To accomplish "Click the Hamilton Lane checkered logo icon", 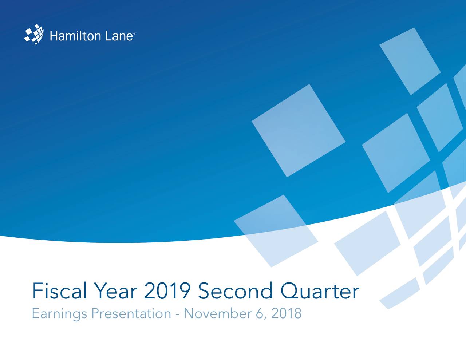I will click(x=34, y=34).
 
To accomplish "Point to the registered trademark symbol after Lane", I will click(x=135, y=34).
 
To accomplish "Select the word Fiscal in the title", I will click(x=59, y=291).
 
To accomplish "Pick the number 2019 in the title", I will click(x=167, y=291).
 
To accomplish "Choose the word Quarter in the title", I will click(x=320, y=291).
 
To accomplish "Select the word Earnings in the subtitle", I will click(x=59, y=314).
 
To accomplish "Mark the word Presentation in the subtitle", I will click(x=131, y=313).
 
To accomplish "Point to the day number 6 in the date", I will click(x=260, y=313).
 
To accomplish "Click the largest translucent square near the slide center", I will click(x=298, y=130).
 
